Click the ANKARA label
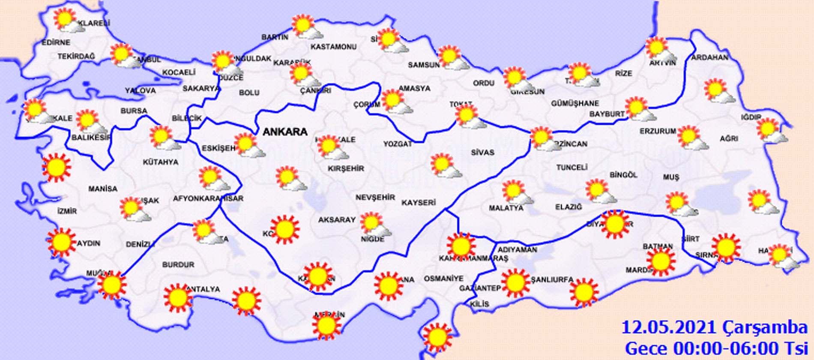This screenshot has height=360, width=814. click(x=284, y=132)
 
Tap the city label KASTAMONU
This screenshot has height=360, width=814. click(x=333, y=47)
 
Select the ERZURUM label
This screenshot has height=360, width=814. click(x=658, y=131)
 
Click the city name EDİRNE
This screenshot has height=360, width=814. click(x=56, y=42)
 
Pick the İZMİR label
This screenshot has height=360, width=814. click(x=67, y=211)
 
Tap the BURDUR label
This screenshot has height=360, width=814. click(x=178, y=265)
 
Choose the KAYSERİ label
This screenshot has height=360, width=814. click(x=419, y=203)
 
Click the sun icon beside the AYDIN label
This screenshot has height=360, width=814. click(x=61, y=242)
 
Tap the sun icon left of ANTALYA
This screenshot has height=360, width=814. click(x=177, y=297)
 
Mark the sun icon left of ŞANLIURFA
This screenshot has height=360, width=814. click(x=515, y=283)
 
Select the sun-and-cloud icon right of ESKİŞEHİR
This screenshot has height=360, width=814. click(x=248, y=145)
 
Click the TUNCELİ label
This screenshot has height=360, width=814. click(x=572, y=168)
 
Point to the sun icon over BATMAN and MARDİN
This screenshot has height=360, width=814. click(x=660, y=261)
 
